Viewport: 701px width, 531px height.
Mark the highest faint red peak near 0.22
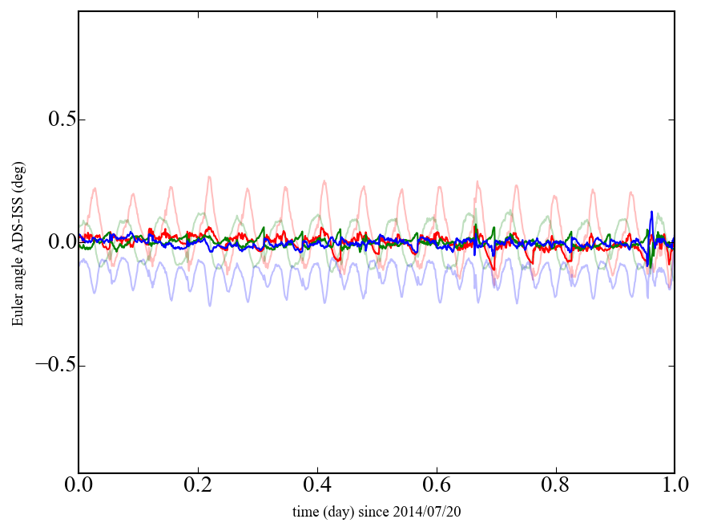pyautogui.click(x=209, y=177)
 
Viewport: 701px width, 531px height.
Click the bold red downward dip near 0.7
pyautogui.click(x=494, y=269)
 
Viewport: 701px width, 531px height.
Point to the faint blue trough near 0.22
pyautogui.click(x=210, y=305)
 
